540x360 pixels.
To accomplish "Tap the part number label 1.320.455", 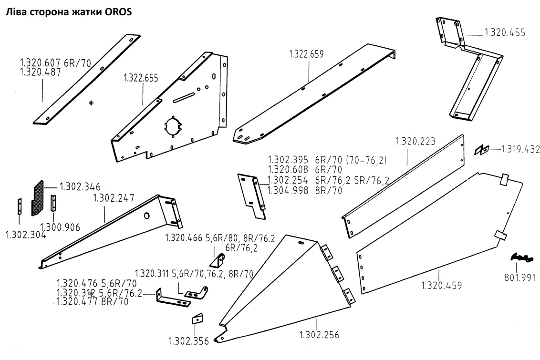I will point(505,33).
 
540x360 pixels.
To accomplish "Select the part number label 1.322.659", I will point(306,54).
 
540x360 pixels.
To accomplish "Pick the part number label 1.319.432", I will point(520,149).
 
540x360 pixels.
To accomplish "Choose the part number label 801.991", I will point(519,278).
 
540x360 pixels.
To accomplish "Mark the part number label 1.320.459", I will point(442,286).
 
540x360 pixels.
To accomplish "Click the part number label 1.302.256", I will point(319,334).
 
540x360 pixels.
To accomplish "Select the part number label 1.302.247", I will point(114,197).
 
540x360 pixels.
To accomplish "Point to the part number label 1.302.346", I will point(80,185).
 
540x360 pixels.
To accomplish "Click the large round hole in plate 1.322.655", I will point(172,126).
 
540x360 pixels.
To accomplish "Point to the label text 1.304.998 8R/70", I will point(305,191).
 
